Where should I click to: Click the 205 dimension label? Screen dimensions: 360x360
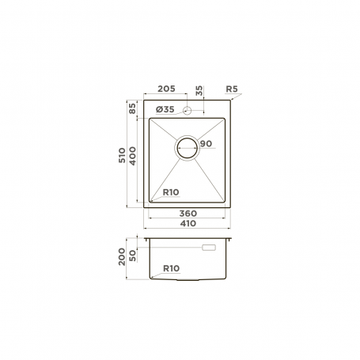click(x=166, y=89)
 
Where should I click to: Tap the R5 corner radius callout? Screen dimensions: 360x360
click(x=232, y=89)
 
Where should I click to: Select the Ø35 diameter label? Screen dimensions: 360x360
click(x=165, y=109)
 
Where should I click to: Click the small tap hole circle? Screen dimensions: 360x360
click(x=187, y=111)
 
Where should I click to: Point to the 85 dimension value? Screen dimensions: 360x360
click(x=132, y=108)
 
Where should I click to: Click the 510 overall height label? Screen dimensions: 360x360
click(x=122, y=155)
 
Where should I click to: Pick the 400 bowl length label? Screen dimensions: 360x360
click(x=132, y=156)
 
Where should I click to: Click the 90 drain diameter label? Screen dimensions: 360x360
click(x=206, y=144)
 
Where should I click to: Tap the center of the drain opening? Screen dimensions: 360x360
click(x=187, y=148)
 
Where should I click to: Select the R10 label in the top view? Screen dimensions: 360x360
click(x=171, y=192)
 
